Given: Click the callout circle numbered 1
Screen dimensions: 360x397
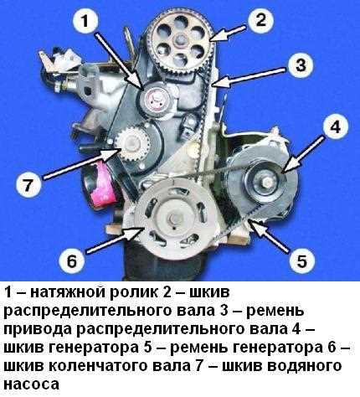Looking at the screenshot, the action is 85,22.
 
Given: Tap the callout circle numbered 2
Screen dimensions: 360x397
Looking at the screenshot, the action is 260,20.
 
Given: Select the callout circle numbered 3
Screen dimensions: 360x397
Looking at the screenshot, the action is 301,65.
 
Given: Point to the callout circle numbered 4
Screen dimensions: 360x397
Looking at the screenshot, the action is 336,127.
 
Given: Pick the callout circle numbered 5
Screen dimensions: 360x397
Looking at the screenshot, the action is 301,261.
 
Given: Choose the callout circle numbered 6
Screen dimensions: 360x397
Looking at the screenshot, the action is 72,261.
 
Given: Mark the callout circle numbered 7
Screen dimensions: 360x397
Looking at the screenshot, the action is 28,184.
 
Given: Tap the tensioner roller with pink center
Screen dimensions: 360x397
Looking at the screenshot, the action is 155,100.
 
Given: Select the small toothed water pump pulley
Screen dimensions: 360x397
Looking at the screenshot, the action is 132,144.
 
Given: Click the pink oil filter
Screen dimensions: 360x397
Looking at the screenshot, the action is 101,185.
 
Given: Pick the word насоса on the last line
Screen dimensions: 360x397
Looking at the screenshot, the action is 32,384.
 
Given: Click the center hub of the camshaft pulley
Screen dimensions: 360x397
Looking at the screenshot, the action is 179,40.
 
